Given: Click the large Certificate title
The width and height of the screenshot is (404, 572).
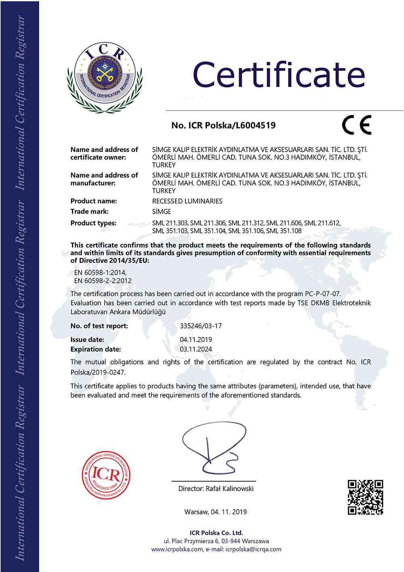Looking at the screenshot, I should (x=279, y=75).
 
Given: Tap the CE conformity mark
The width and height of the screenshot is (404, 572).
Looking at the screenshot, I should (x=356, y=125).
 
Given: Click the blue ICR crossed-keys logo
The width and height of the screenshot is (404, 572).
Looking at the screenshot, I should (x=105, y=77).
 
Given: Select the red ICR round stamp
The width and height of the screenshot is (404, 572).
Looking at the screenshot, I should (x=106, y=475).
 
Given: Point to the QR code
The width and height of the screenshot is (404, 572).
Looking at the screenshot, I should (x=365, y=497).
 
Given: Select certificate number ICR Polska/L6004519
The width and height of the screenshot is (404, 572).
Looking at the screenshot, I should (x=223, y=125).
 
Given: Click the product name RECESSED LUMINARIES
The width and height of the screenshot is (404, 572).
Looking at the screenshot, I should (x=187, y=201).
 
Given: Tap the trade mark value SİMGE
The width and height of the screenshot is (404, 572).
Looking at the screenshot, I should (x=162, y=212).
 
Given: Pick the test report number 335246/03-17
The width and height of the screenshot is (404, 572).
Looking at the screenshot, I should (x=201, y=326).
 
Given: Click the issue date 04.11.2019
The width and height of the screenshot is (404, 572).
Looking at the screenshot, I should (x=196, y=340).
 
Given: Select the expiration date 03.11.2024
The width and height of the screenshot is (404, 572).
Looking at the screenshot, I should (x=196, y=349).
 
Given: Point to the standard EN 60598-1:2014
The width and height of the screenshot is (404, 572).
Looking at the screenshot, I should (x=100, y=273).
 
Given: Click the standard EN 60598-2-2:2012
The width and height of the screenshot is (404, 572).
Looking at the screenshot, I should (x=103, y=281).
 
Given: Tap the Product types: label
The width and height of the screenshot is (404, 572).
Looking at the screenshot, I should (x=93, y=223).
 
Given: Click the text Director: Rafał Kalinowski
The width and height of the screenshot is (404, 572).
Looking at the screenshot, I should (x=216, y=489).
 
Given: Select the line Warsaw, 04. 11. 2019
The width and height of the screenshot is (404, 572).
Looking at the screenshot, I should (x=215, y=512).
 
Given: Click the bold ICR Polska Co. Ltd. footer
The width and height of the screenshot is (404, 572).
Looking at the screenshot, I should (x=216, y=533).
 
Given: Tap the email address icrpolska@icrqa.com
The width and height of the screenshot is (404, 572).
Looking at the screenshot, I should (x=253, y=549).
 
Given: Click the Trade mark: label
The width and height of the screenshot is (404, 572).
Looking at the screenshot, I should (x=89, y=212).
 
